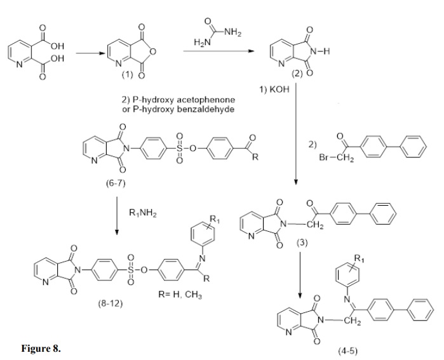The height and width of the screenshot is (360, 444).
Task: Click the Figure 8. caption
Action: (42, 348)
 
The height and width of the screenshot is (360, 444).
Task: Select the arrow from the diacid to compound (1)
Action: (90, 55)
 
